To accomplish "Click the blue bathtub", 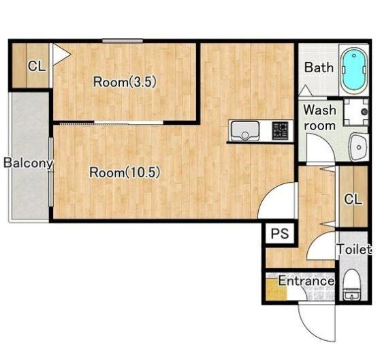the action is [354, 70].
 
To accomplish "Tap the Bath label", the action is [319, 67].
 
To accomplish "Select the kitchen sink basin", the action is [245, 131].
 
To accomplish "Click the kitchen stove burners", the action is [280, 131].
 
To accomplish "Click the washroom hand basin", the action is [358, 147].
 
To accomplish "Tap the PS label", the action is [280, 233].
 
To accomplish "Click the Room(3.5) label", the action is [125, 82].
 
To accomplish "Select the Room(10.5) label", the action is [125, 172].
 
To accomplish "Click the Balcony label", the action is [29, 163].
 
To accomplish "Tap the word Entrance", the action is [306, 281].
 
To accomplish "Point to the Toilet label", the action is [354, 250].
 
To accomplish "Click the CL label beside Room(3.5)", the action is [37, 66].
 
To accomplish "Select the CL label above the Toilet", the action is [353, 199].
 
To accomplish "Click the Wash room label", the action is [319, 117].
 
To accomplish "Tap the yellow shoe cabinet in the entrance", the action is [276, 289].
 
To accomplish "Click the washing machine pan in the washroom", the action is [356, 112].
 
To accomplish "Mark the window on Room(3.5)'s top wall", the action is [123, 41].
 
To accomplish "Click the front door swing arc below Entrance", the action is [313, 327].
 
